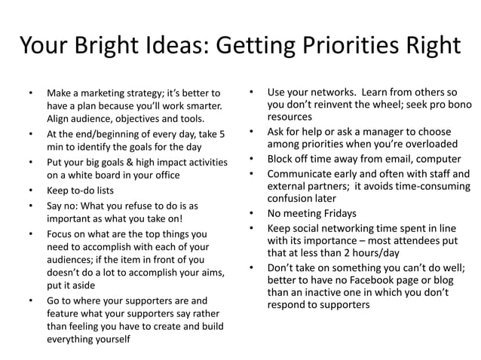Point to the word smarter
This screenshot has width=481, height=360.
[x=201, y=105]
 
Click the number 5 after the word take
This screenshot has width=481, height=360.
[x=222, y=133]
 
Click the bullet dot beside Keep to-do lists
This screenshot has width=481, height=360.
[x=29, y=190]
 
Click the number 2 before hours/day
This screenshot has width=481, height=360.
[x=345, y=254]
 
